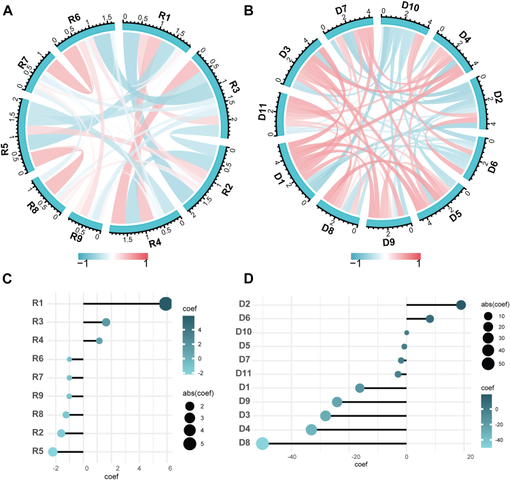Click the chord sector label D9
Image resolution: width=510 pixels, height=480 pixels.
click(x=389, y=241)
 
